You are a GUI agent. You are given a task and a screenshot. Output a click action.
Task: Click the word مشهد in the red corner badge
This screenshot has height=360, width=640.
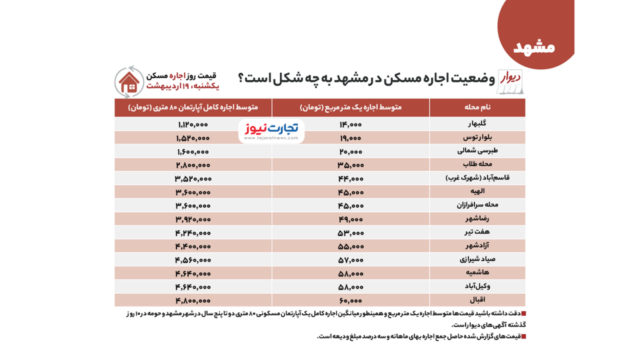pyautogui.click(x=534, y=47)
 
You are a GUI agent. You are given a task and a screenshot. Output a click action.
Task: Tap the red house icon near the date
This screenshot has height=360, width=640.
pyautogui.click(x=129, y=82)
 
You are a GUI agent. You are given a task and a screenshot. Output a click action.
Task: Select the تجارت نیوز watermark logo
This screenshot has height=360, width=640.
pyautogui.click(x=271, y=130)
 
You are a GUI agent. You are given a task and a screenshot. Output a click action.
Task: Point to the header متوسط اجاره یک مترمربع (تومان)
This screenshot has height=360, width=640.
pyautogui.click(x=351, y=107)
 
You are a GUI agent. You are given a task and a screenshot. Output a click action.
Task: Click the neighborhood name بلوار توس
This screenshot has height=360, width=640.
pyautogui.click(x=476, y=137)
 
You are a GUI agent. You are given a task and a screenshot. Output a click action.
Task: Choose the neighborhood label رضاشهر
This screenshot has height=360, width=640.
pyautogui.click(x=476, y=219)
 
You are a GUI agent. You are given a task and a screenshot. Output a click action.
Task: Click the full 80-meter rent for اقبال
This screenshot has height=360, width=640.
pyautogui.click(x=192, y=300)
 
